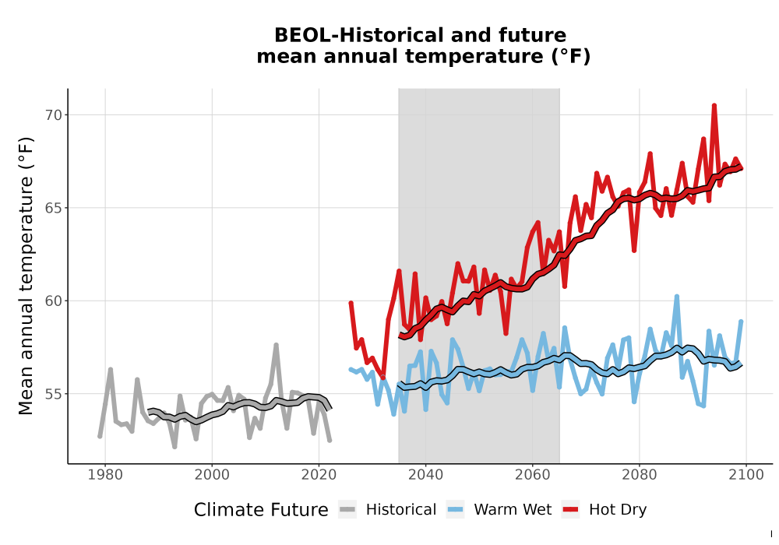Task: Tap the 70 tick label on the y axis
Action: tap(53, 115)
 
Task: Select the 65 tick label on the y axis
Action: tap(53, 208)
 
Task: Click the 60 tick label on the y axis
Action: tap(53, 301)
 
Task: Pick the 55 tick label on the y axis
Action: tap(53, 394)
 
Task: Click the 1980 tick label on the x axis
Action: tap(105, 475)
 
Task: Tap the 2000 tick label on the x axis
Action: tap(212, 475)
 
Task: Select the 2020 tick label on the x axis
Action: tap(319, 475)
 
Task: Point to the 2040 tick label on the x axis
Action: tap(426, 475)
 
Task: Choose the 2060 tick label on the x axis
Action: tap(533, 475)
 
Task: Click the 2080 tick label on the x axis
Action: tap(640, 475)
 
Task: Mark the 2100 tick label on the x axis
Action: tap(746, 475)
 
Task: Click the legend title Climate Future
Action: tap(261, 510)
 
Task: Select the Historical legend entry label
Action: tap(401, 510)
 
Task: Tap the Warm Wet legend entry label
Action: tap(513, 510)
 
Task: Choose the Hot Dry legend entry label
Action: tap(618, 510)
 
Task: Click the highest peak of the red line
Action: tap(714, 105)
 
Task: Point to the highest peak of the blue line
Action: tap(677, 297)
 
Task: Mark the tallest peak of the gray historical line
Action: tap(277, 344)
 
